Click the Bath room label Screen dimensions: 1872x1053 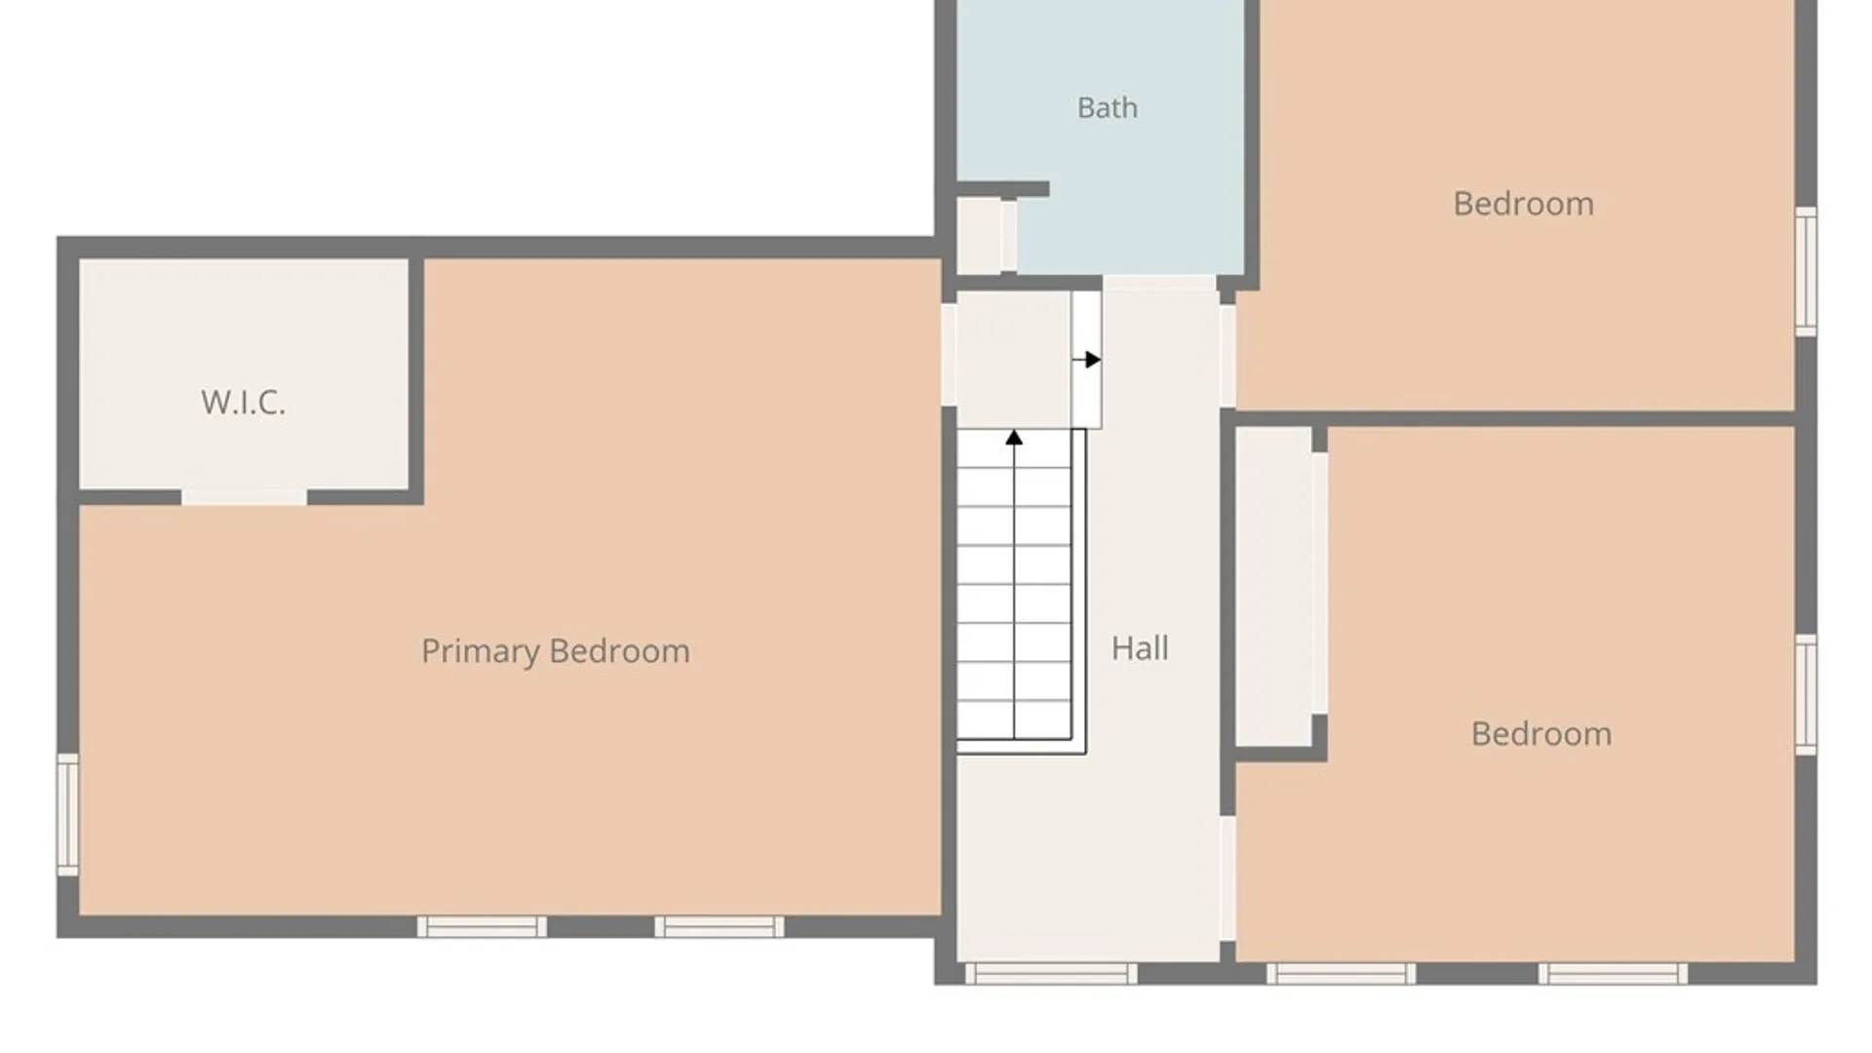coord(1107,107)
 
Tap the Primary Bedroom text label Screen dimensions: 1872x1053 coord(556,650)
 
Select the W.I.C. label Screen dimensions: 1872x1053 coord(244,402)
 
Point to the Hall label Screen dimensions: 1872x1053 coord(1140,647)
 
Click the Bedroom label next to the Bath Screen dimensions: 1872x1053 coord(1523,203)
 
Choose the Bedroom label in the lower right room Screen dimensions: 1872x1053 coord(1540,733)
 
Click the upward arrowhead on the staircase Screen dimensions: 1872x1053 coord(1014,438)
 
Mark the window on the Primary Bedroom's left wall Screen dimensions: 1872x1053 coord(67,815)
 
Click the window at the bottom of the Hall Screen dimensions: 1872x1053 coord(1051,973)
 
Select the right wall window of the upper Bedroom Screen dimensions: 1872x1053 coord(1806,271)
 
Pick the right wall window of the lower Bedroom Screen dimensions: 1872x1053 coord(1806,694)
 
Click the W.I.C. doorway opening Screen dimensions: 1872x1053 coord(244,497)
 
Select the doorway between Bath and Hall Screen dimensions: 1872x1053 coord(1159,284)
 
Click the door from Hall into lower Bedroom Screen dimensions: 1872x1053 coord(1228,877)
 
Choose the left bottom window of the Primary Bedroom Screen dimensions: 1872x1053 coord(482,926)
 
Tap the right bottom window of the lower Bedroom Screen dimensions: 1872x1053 coord(1613,973)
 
